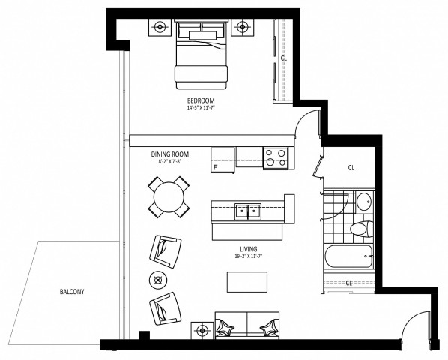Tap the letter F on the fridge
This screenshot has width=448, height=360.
(216, 166)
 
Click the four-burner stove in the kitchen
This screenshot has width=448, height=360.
(275, 157)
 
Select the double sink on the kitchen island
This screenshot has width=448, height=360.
(246, 211)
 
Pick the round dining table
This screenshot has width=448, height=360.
(169, 196)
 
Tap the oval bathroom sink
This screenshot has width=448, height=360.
(363, 202)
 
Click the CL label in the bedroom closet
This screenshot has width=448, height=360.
(283, 58)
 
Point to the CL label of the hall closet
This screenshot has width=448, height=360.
(351, 169)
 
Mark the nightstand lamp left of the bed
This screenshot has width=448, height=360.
(160, 28)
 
